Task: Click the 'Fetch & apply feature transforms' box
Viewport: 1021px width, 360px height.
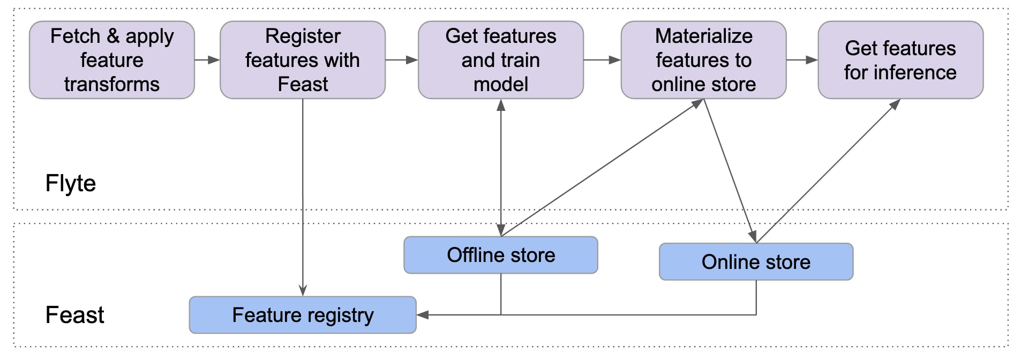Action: tap(111, 60)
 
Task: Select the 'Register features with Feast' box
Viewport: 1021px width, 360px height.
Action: tap(303, 60)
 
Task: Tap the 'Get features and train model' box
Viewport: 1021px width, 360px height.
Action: tap(500, 60)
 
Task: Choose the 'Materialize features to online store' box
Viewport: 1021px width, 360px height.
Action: tap(703, 60)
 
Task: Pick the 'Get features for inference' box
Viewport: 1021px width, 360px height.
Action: tap(900, 60)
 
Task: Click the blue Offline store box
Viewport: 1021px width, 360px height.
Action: tap(500, 255)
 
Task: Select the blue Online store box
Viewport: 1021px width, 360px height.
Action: tap(756, 262)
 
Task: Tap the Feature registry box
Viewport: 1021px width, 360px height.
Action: tap(303, 315)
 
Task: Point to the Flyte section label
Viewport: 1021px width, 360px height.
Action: tap(71, 183)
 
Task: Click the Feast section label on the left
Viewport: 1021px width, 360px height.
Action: tap(74, 315)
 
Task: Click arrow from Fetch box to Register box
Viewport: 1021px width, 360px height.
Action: tap(207, 60)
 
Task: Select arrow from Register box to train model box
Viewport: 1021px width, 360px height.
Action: tap(402, 60)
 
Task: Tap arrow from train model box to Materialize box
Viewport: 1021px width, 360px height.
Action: tap(602, 60)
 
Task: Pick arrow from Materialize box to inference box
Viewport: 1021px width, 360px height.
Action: tap(802, 60)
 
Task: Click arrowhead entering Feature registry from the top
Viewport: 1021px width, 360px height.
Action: tap(303, 290)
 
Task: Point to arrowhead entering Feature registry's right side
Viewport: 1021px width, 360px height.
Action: tap(423, 315)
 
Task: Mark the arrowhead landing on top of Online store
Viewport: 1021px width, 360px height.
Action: tap(753, 236)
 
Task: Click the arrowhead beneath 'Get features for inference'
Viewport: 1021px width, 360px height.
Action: tap(895, 105)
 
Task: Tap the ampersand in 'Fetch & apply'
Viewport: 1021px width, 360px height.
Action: tap(113, 36)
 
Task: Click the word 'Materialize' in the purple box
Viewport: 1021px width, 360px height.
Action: tap(703, 36)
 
